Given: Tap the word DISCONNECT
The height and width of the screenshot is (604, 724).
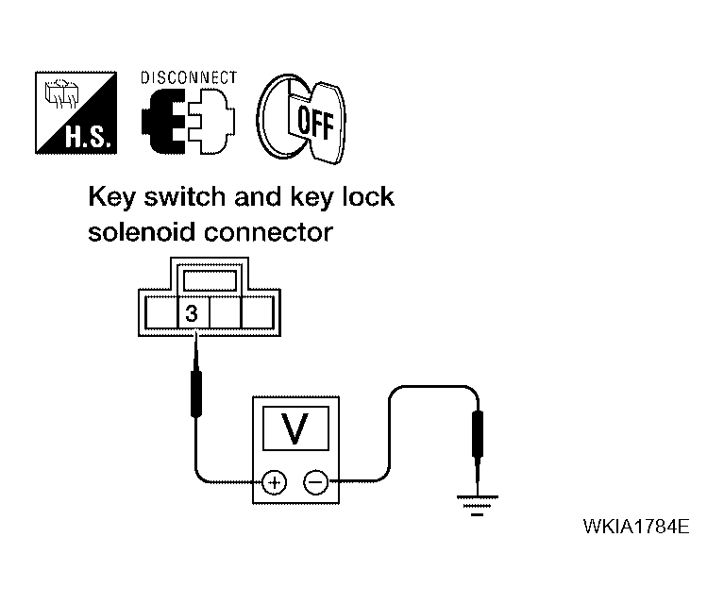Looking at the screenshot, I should (x=189, y=78).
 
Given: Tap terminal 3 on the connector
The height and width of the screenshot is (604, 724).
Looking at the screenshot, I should (x=192, y=314).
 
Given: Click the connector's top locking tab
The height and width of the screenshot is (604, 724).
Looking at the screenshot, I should (x=208, y=280).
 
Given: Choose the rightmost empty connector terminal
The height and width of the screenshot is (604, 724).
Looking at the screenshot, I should (x=258, y=313).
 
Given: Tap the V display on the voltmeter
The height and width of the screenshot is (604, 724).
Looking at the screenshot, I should (x=295, y=429).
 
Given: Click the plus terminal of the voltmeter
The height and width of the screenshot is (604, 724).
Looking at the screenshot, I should (x=274, y=484).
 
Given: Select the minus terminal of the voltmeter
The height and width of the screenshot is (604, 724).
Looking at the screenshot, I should (x=315, y=484).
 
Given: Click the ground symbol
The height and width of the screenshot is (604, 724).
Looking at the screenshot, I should (x=478, y=503).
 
